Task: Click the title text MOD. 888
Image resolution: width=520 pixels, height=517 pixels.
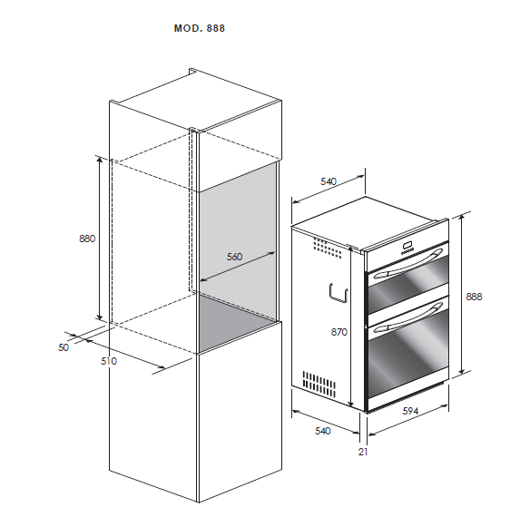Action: [x=199, y=28]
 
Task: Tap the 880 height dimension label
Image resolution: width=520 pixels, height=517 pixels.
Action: [x=87, y=239]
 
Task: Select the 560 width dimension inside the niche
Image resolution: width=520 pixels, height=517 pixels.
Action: [x=233, y=258]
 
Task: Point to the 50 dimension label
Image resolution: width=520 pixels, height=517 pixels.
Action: [x=64, y=347]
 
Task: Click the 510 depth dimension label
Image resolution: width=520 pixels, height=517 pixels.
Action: [x=110, y=361]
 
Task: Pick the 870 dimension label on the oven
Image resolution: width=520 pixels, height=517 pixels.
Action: [x=338, y=332]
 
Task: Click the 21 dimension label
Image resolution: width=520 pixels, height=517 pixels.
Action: [x=363, y=451]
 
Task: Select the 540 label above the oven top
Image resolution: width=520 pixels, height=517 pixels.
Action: [x=329, y=182]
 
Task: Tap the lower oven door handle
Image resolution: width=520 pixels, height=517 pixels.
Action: [x=405, y=317]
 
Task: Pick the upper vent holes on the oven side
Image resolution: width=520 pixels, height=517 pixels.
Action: [x=323, y=247]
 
